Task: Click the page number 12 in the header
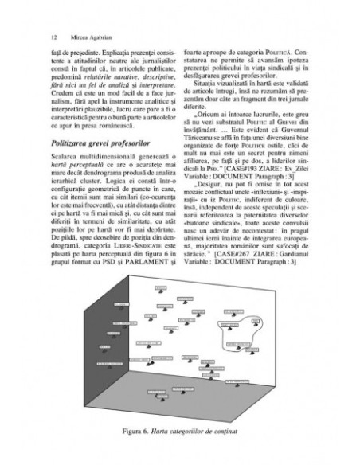[52, 37]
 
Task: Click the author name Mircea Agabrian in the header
[83, 37]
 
